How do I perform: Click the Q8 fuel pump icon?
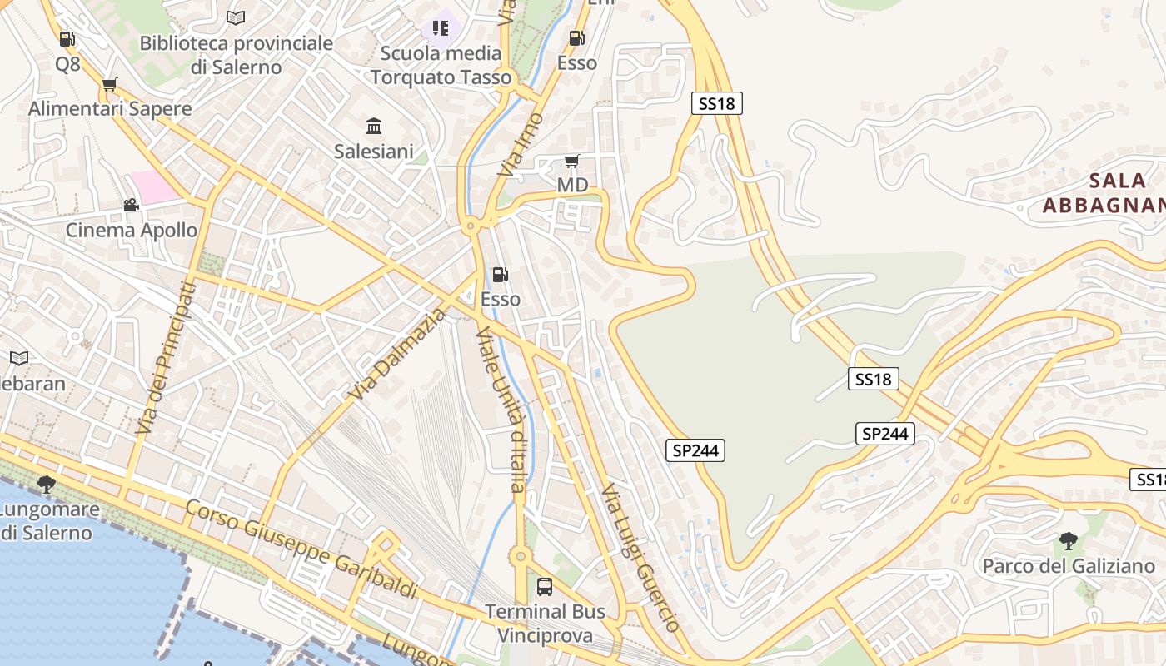[67, 39]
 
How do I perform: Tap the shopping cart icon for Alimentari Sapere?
[109, 84]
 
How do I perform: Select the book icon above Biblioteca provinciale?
[236, 17]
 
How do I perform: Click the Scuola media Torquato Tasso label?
[441, 65]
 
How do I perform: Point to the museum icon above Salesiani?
[374, 127]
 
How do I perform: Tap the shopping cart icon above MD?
[571, 161]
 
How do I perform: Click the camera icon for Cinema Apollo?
[131, 205]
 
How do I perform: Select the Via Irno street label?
[521, 144]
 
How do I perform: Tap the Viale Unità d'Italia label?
[502, 408]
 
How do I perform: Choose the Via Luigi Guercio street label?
[641, 556]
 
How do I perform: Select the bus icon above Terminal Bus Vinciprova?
[544, 587]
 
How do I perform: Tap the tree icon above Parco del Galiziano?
[1068, 541]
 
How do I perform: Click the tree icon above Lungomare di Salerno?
[47, 484]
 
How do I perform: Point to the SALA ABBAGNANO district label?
[1104, 193]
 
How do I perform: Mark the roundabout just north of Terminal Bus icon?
[521, 556]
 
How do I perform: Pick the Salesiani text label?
[374, 152]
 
